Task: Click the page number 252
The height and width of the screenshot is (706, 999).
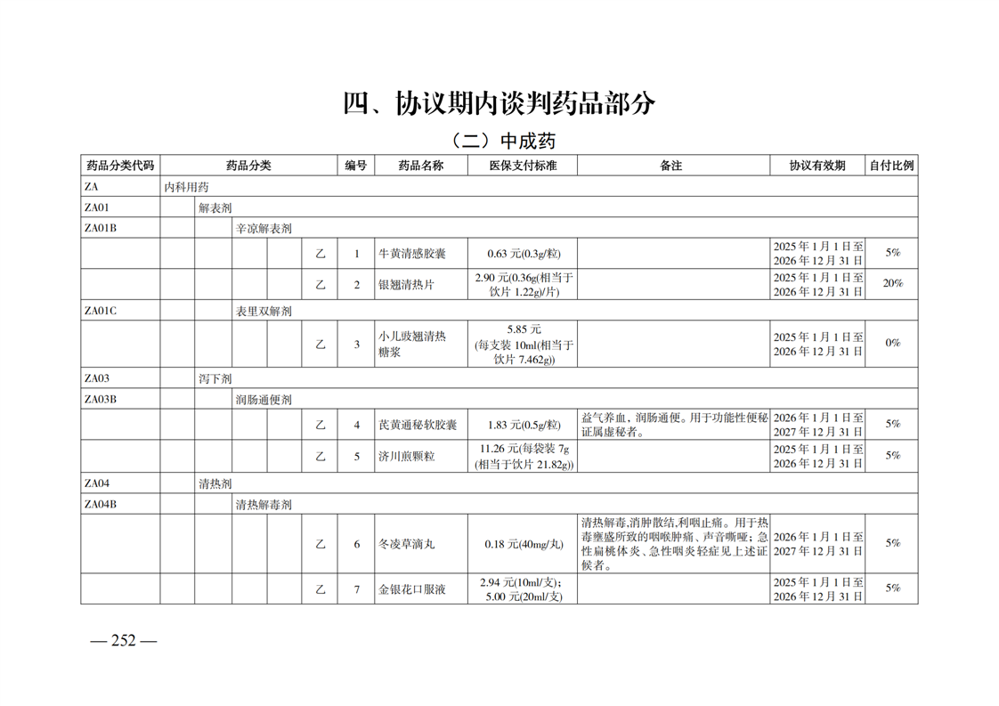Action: (x=123, y=641)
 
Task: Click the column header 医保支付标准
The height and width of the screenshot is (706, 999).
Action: (x=524, y=166)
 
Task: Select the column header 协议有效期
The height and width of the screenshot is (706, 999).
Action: (x=817, y=166)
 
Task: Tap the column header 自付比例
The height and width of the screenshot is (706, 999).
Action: (x=891, y=166)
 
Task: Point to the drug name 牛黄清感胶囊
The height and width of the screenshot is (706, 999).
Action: (x=412, y=254)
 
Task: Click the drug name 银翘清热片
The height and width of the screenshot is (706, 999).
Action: (x=406, y=284)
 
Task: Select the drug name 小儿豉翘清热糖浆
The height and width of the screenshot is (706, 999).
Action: (x=411, y=344)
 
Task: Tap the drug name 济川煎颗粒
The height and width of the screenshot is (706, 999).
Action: (x=406, y=456)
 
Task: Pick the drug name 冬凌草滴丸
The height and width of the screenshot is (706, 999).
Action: (x=406, y=544)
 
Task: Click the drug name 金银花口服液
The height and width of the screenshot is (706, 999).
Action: (x=412, y=588)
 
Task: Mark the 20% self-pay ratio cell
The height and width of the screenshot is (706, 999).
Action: (x=892, y=284)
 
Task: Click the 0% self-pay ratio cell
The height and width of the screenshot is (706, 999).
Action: (x=892, y=344)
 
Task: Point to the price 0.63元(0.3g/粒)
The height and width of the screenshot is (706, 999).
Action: (x=524, y=254)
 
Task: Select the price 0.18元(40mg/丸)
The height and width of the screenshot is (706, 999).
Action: (x=524, y=544)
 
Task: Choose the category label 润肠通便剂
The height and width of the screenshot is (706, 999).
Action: (x=263, y=400)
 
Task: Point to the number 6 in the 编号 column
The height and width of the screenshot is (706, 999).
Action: (x=357, y=544)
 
